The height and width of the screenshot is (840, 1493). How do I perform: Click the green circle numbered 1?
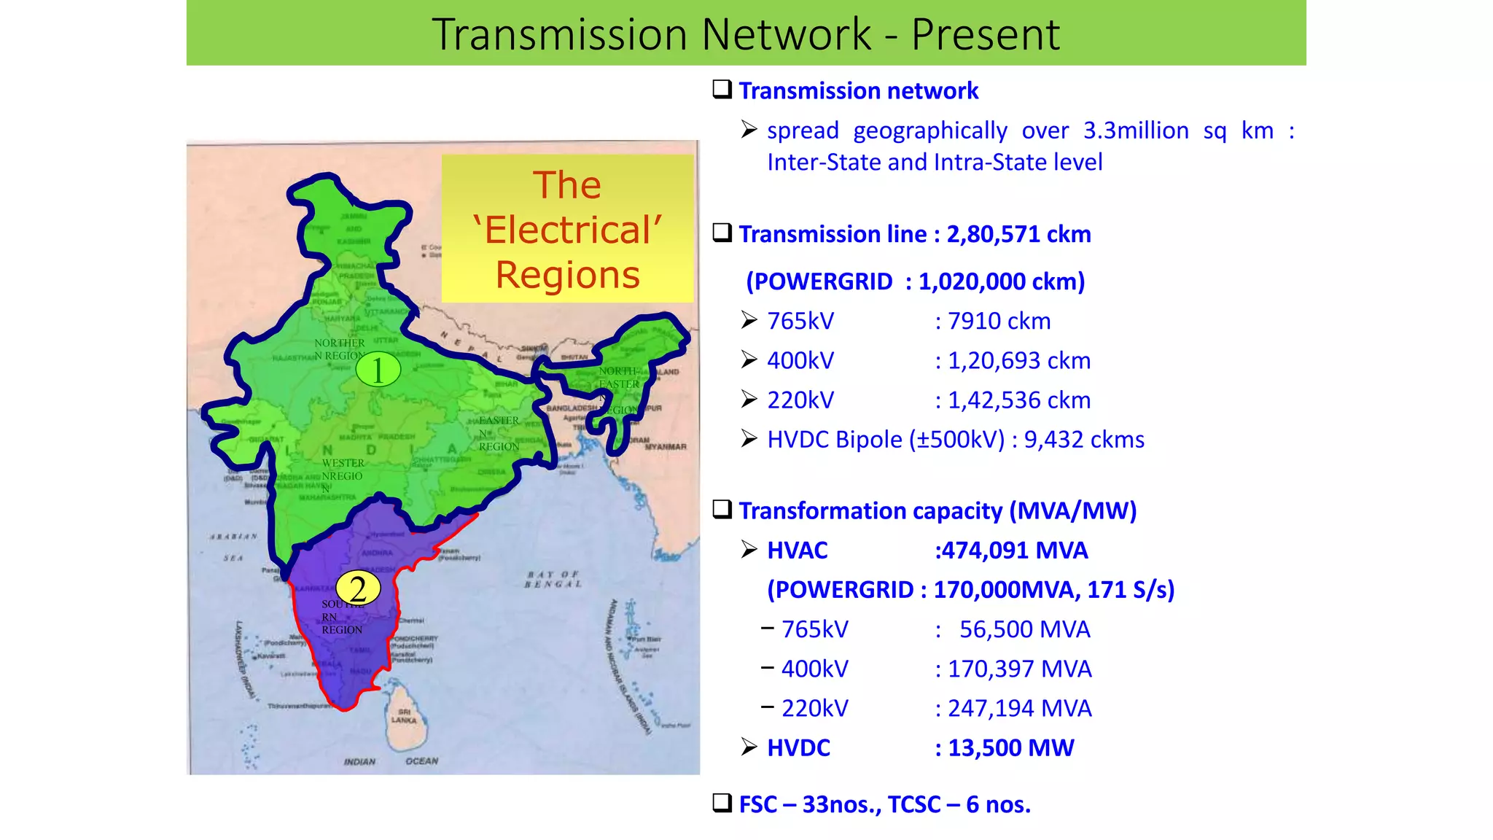(378, 370)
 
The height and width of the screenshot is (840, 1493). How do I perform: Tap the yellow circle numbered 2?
(358, 588)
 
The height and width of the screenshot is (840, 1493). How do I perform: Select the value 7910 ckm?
(999, 321)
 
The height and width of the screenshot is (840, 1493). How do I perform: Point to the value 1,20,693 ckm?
(1018, 360)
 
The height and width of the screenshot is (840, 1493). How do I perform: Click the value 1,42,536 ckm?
(1018, 400)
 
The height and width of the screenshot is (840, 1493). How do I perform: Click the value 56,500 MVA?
(1024, 629)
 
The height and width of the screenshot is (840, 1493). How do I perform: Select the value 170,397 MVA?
(1019, 669)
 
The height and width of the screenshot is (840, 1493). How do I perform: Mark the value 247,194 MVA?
(1019, 708)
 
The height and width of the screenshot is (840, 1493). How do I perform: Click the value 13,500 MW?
(1010, 747)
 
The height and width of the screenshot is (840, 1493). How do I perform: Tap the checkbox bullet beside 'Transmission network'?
(722, 90)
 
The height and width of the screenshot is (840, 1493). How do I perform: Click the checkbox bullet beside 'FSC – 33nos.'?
(722, 803)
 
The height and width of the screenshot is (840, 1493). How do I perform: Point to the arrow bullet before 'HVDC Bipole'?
(749, 438)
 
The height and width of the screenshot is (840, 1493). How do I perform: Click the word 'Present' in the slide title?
(985, 34)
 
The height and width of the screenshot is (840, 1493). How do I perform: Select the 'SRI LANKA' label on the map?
(404, 716)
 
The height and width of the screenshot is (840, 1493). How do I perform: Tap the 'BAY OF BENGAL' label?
(553, 580)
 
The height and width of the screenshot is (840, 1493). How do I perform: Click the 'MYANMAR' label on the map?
(665, 446)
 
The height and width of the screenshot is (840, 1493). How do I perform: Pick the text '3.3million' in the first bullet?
(1136, 131)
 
